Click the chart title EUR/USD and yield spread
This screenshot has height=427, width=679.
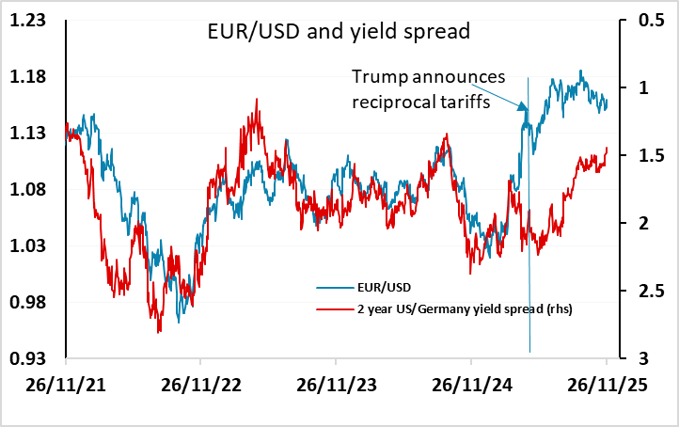pos(338,31)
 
